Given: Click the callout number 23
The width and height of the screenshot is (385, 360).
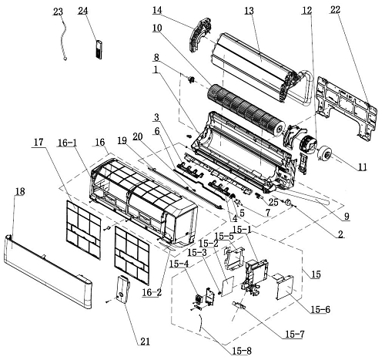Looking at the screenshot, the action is [58, 12].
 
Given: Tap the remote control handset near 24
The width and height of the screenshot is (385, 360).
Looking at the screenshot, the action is [99, 49].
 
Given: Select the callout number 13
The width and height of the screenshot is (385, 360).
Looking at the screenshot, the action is [249, 11].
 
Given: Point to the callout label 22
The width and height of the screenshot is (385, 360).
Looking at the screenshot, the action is [335, 10].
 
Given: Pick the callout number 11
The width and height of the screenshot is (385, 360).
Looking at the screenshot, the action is [363, 167].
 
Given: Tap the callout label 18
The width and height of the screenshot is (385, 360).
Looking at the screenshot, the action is [20, 191].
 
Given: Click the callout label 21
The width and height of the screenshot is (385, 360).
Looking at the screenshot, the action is [145, 341].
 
